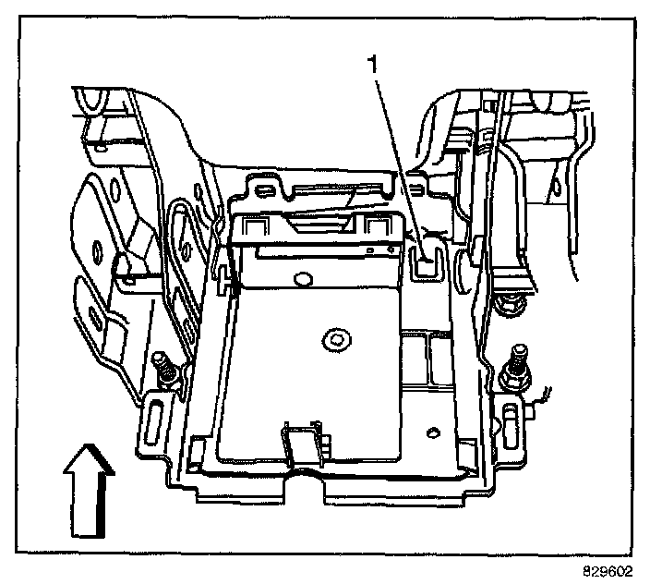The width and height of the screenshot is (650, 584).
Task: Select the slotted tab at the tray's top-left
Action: coord(264,189)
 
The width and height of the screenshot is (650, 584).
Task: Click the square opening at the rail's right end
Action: coord(376,225)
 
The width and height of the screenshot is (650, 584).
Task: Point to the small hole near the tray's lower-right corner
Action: coord(432,431)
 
